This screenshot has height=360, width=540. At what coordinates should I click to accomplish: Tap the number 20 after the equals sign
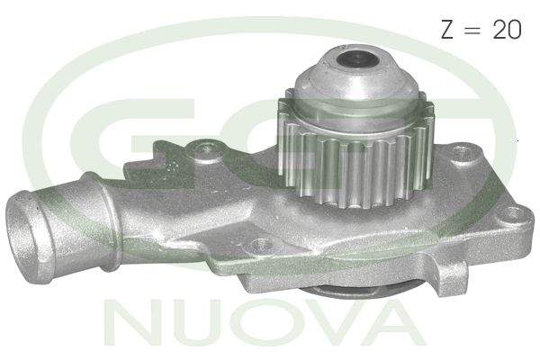[x=506, y=30]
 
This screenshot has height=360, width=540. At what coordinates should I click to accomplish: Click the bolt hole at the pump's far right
[x=513, y=215]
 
